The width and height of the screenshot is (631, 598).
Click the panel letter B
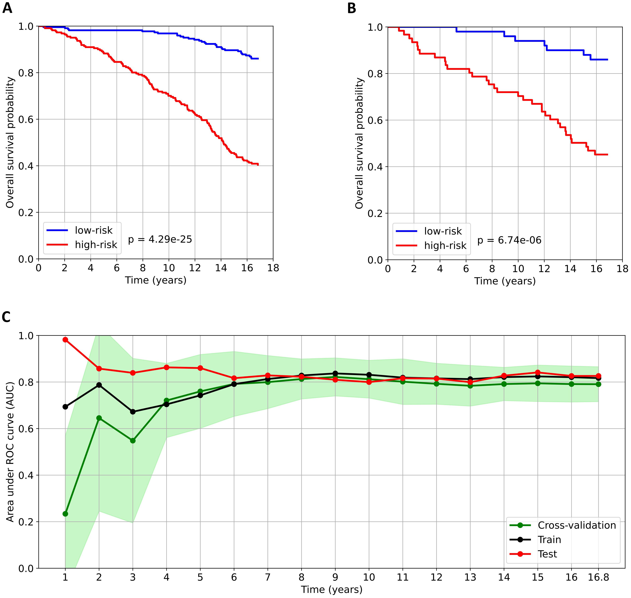coord(351,8)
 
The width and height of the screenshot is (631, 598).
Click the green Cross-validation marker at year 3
coord(133,441)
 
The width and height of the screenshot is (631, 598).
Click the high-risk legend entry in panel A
coord(96,245)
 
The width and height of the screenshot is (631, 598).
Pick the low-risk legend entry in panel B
coord(443,231)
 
